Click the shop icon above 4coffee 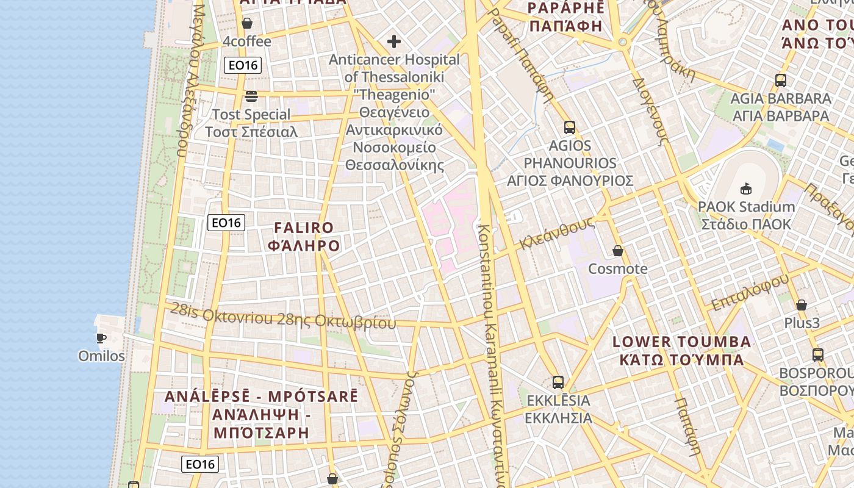[x=247, y=24]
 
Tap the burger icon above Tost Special [x=251, y=96]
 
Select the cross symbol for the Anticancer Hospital [x=394, y=41]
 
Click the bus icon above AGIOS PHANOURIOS [x=570, y=127]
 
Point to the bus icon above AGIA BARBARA [x=780, y=80]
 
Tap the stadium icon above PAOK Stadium [x=746, y=188]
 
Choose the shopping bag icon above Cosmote [x=618, y=251]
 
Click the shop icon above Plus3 [x=802, y=305]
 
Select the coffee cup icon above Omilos [x=101, y=338]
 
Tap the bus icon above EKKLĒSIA [x=558, y=382]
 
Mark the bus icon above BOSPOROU [x=818, y=354]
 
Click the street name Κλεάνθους [x=556, y=234]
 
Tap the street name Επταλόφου [x=750, y=292]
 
